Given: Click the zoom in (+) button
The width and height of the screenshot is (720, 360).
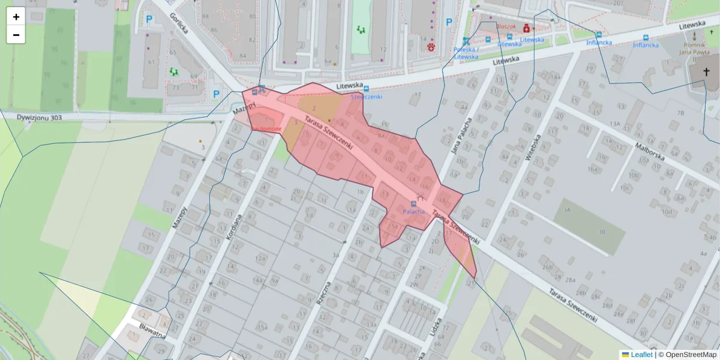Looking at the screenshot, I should (16, 17).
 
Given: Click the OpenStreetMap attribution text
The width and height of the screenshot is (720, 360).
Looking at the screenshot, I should (687, 355).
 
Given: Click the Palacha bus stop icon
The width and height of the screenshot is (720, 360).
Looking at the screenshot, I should (413, 203).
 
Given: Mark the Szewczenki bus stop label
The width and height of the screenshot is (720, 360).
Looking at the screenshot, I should (366, 96).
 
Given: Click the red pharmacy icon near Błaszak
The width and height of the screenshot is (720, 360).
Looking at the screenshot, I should (527, 28).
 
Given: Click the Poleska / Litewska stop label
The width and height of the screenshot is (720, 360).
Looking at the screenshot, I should (466, 53).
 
